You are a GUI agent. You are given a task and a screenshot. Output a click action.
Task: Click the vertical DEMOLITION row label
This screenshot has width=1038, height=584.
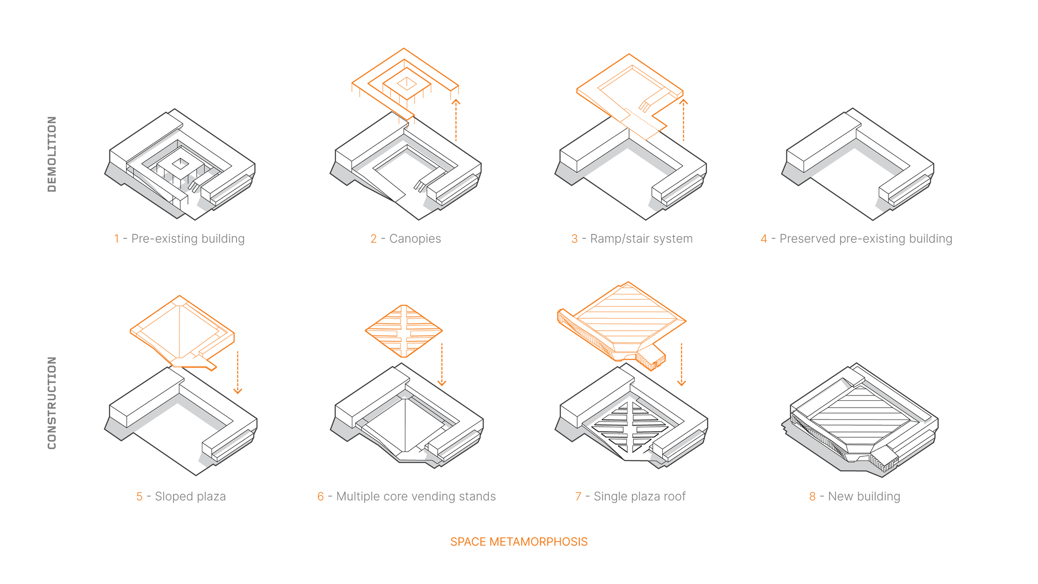[52, 154]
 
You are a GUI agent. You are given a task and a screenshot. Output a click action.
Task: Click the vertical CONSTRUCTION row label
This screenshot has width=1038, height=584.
[52, 403]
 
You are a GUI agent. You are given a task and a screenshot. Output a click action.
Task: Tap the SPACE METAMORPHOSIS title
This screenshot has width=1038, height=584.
[519, 542]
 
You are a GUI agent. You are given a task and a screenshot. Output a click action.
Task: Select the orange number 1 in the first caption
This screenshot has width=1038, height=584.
[117, 239]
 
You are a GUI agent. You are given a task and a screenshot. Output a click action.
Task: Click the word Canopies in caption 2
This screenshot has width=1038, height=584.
[415, 239]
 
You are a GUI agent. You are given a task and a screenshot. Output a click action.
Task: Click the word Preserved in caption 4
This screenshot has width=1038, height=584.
[808, 239]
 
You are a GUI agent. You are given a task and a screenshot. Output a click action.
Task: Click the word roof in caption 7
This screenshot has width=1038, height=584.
[674, 497]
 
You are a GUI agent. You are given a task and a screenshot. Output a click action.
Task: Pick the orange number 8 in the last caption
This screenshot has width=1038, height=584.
[813, 497]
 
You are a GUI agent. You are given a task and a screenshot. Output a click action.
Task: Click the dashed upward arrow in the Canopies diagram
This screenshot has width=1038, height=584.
[456, 120]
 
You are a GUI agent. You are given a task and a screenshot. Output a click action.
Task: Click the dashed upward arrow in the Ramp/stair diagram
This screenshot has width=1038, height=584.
[684, 120]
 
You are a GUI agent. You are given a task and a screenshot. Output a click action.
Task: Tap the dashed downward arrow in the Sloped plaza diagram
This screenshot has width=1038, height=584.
[238, 373]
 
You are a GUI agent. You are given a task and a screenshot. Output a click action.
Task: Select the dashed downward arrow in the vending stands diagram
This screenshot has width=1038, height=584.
[442, 365]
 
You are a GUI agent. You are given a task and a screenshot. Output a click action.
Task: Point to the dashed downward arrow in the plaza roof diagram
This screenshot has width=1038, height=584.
[681, 365]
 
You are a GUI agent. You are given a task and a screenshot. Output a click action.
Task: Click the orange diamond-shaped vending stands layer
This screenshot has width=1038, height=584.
[404, 331]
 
